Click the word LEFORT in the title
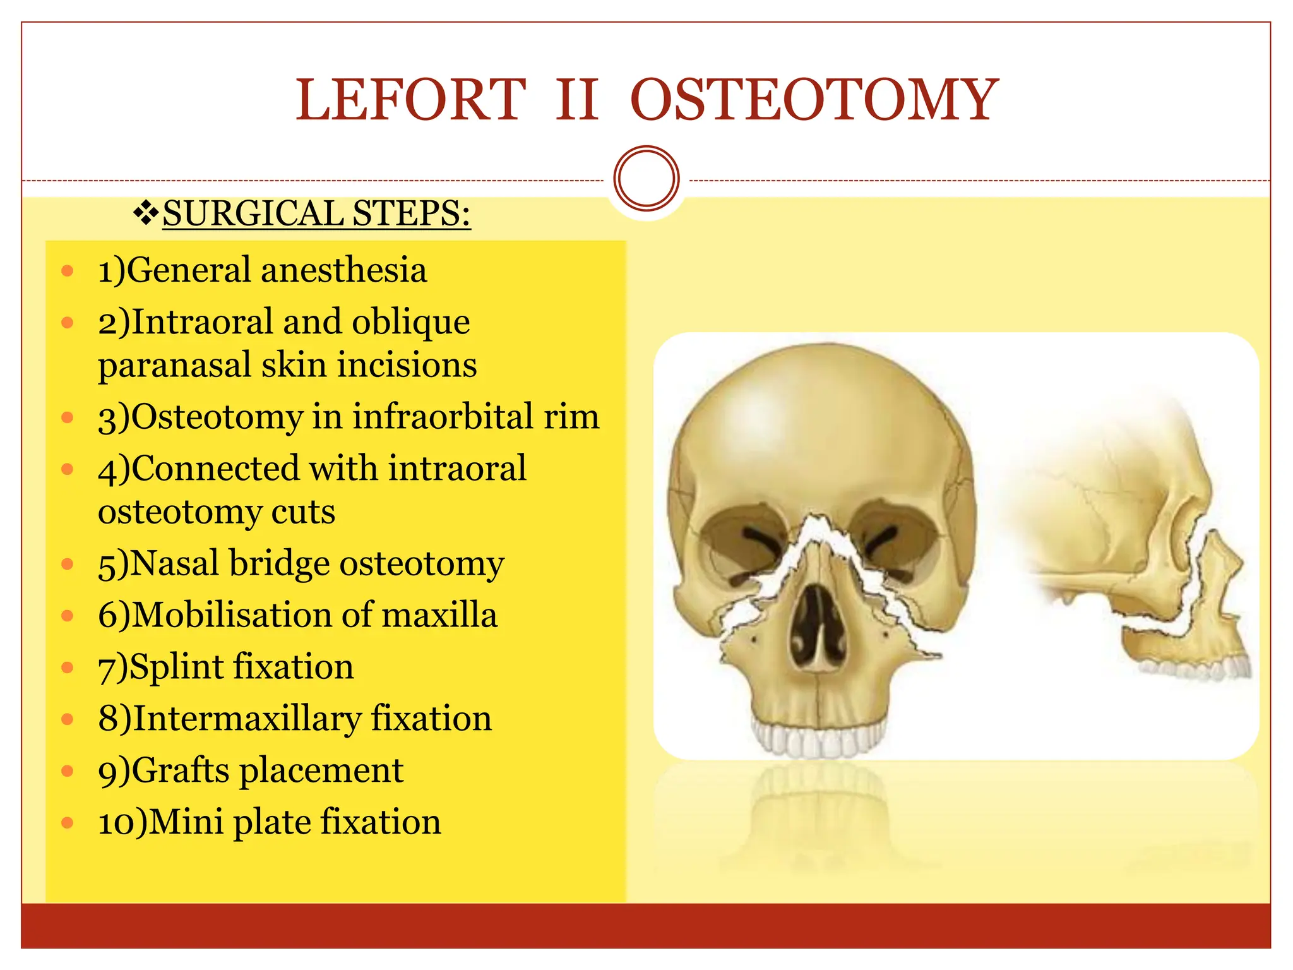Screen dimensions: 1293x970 click(411, 99)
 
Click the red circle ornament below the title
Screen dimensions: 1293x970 click(646, 178)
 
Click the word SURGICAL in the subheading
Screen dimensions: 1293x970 click(253, 213)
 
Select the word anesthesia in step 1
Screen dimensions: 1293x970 click(344, 270)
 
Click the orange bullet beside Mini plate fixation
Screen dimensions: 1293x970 click(68, 822)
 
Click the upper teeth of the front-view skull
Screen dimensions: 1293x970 click(819, 739)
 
